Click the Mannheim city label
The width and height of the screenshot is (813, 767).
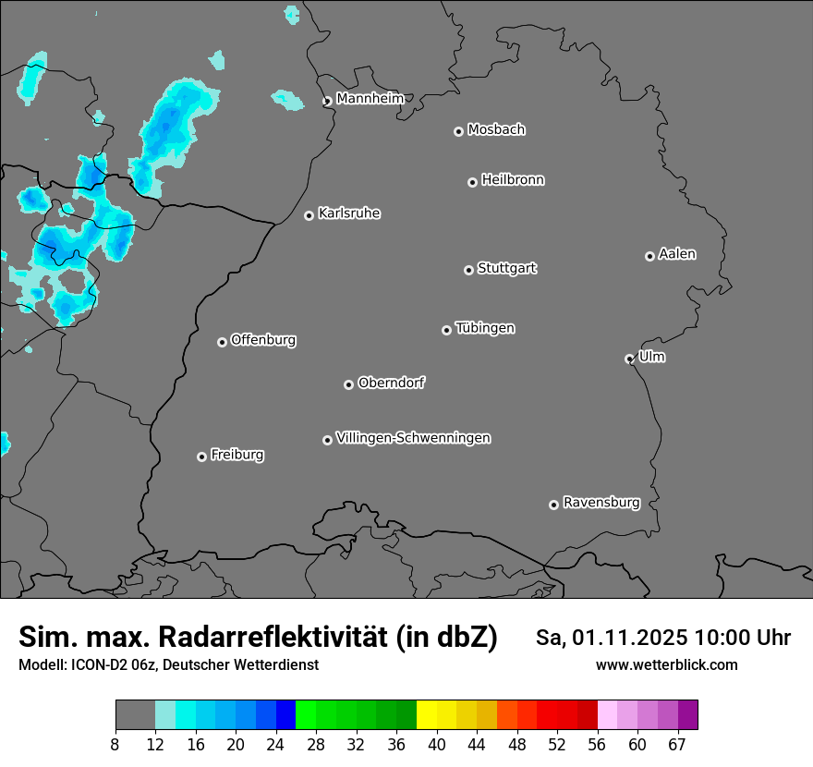370,98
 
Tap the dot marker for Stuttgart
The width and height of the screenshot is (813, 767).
468,270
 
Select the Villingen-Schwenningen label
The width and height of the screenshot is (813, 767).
413,438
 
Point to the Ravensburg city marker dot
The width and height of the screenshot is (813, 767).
553,505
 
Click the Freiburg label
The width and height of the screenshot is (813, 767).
237,455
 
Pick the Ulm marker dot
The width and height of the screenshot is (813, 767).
629,359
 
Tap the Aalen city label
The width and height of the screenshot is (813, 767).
677,254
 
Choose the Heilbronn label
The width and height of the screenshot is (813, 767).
513,180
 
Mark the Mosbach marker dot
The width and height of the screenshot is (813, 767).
458,131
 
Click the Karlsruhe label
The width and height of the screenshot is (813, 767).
349,213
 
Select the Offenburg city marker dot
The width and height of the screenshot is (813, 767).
222,342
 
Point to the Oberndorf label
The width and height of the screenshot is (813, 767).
392,383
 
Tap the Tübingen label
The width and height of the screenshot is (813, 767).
485,328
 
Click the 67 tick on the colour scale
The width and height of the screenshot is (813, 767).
677,745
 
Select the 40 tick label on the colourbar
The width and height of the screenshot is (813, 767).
436,745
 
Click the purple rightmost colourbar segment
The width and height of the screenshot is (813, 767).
687,715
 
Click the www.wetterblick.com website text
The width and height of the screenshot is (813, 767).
666,664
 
